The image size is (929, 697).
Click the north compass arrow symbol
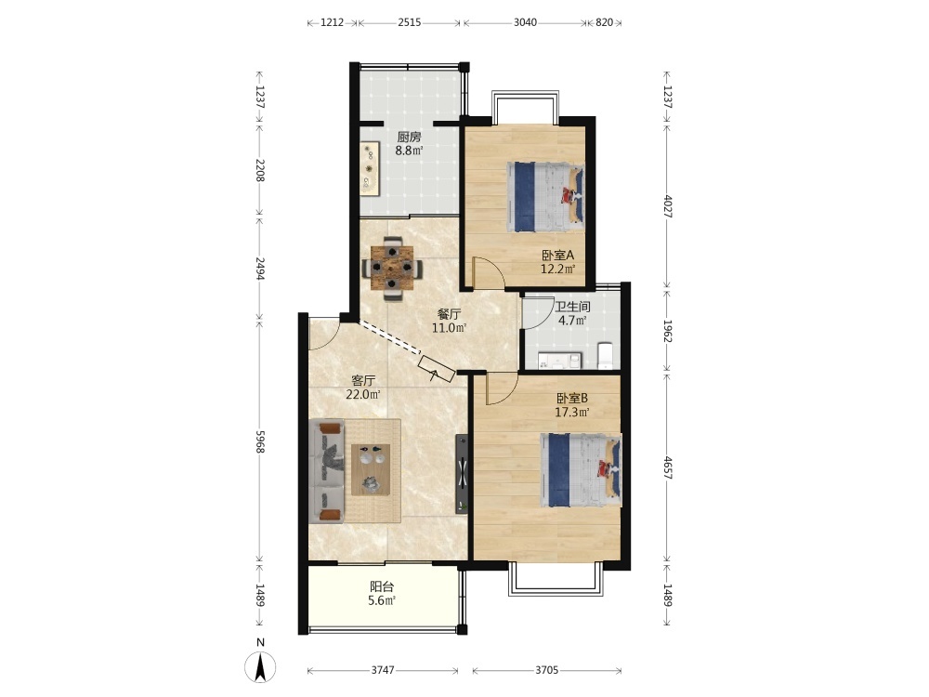click(x=260, y=666)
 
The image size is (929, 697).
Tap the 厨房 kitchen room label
click(x=409, y=137)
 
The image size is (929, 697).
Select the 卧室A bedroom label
click(x=558, y=256)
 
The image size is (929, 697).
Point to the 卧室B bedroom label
click(x=571, y=399)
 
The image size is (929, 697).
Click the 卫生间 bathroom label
click(x=572, y=307)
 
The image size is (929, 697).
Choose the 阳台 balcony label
click(x=382, y=586)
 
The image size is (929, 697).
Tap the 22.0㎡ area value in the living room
click(x=362, y=394)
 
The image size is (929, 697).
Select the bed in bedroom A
click(x=545, y=197)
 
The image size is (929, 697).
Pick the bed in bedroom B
click(x=581, y=469)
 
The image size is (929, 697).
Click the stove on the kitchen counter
click(x=370, y=168)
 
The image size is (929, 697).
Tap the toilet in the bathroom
click(x=605, y=355)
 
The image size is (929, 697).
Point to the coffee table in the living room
click(x=371, y=469)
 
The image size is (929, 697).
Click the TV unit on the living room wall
click(x=462, y=474)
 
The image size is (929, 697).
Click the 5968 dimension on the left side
click(x=259, y=441)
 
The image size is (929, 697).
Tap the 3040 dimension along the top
click(x=525, y=22)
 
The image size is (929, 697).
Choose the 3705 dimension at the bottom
click(x=546, y=670)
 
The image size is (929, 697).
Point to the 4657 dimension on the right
click(x=668, y=467)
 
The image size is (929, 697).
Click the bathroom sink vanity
click(x=560, y=361)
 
